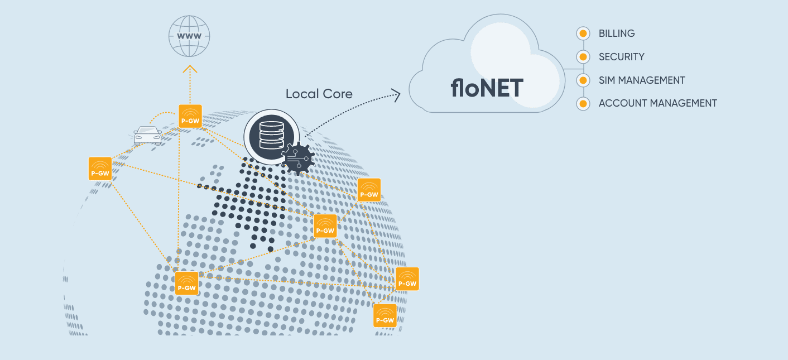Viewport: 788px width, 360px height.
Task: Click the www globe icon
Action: click(190, 36)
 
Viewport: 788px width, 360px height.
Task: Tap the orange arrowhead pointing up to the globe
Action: click(190, 69)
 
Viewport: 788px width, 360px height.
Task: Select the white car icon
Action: click(148, 135)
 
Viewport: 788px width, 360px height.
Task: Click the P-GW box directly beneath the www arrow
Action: click(190, 116)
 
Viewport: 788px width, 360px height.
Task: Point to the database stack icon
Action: click(271, 136)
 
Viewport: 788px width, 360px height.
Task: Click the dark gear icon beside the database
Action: click(299, 158)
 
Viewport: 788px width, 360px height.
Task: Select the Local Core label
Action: click(319, 94)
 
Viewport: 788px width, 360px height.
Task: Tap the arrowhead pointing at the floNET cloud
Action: click(396, 95)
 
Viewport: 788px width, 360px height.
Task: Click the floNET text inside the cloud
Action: click(487, 88)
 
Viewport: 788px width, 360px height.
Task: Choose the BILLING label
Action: click(617, 33)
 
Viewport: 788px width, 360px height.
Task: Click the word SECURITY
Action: click(621, 57)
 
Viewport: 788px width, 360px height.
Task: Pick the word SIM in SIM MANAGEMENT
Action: click(608, 80)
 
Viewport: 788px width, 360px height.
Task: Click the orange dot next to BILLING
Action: click(583, 33)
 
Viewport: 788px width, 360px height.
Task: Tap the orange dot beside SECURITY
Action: click(583, 57)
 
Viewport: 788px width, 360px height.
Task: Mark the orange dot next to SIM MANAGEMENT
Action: click(583, 80)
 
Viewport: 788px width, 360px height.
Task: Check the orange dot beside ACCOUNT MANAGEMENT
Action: click(583, 104)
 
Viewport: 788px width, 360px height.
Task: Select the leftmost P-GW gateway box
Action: click(100, 169)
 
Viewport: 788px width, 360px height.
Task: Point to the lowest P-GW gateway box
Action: click(385, 316)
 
